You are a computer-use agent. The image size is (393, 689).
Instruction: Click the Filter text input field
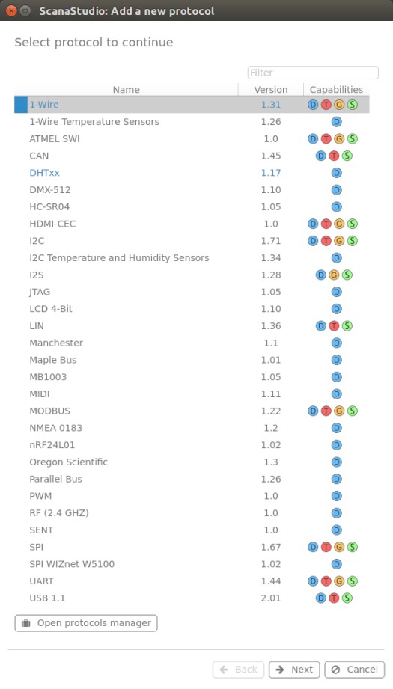click(x=313, y=73)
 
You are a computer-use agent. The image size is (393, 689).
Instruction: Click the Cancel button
click(x=354, y=670)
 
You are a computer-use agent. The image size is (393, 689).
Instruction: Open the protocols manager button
click(x=86, y=623)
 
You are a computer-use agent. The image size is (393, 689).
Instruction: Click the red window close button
click(x=11, y=10)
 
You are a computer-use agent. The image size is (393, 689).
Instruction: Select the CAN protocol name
click(x=39, y=156)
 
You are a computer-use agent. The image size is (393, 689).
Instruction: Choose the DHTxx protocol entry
click(x=44, y=173)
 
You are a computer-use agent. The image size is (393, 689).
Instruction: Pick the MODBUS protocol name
click(x=49, y=411)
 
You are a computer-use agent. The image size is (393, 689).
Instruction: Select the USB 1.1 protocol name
click(x=47, y=598)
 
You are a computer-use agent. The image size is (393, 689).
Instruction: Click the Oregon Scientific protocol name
click(x=69, y=462)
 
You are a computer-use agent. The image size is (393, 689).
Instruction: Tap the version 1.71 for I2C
click(x=271, y=241)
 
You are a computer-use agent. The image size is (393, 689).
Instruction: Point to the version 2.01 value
click(x=271, y=598)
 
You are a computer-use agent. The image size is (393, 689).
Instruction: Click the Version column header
click(x=271, y=90)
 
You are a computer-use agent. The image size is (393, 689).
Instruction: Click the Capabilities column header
click(x=336, y=90)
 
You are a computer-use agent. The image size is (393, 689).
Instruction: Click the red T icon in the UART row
click(x=326, y=581)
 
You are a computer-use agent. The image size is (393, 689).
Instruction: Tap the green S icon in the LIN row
click(x=347, y=326)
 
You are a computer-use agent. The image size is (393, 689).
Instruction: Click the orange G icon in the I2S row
click(x=334, y=275)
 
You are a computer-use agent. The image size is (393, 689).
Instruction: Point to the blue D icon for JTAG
click(x=337, y=292)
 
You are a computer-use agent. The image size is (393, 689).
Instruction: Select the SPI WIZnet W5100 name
click(x=72, y=564)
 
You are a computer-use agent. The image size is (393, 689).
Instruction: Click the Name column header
click(x=127, y=90)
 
